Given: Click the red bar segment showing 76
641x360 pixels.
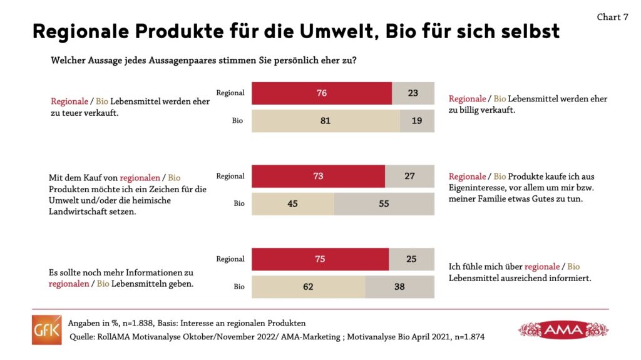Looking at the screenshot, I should click(x=322, y=93).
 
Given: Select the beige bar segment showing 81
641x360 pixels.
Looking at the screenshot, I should click(x=326, y=121).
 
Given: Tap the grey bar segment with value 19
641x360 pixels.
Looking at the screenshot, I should click(x=417, y=121).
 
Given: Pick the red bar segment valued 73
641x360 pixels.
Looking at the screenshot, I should click(x=318, y=176).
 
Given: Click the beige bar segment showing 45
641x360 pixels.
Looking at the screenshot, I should click(x=292, y=203).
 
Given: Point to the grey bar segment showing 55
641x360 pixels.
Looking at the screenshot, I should click(x=384, y=203).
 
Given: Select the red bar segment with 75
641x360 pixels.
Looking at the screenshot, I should click(x=320, y=259).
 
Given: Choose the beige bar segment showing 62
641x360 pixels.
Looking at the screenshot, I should click(x=308, y=287).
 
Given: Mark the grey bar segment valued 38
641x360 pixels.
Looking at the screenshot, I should click(x=399, y=287).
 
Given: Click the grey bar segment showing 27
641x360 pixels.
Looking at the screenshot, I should click(x=409, y=176).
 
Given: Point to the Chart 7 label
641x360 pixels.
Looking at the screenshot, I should click(x=612, y=17).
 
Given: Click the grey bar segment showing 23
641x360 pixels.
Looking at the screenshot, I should click(x=413, y=93).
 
